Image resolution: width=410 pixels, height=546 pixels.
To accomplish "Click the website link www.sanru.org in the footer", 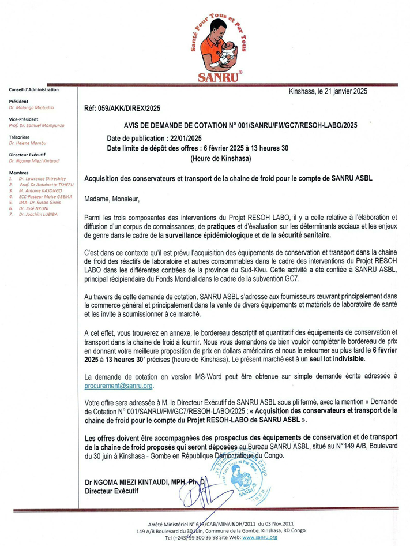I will coord(259,537).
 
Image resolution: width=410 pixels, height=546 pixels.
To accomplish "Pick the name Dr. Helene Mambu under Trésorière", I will coord(28,143).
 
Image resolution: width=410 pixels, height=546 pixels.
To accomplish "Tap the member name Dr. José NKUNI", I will coord(32,208).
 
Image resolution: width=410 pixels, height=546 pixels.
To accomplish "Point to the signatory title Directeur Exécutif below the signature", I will coord(111,491).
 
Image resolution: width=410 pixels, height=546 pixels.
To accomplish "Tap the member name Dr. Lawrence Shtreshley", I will coord(40,179).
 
